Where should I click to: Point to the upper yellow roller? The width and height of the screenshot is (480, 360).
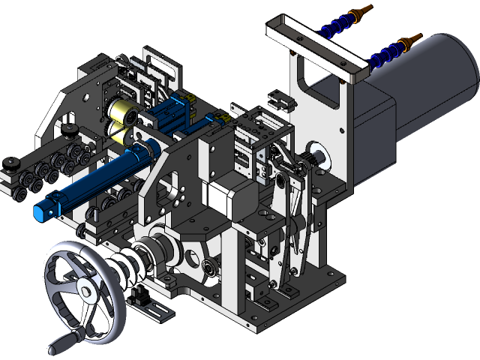click(x=121, y=112)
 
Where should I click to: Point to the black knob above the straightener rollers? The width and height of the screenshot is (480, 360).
click(x=70, y=133)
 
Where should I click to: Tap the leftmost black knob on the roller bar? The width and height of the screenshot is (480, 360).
click(x=10, y=164)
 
